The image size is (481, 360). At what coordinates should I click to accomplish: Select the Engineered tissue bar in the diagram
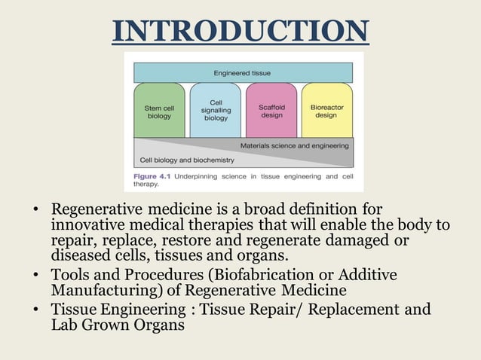point(242,73)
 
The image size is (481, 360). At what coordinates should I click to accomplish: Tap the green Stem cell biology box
point(158,111)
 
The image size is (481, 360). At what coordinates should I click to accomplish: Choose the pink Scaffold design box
point(271,111)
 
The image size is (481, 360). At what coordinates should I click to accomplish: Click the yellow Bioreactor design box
point(326,111)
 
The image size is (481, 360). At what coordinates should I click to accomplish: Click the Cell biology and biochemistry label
point(187,160)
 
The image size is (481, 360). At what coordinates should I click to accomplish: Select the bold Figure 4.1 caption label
point(150,175)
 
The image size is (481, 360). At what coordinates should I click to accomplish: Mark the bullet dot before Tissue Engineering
point(35,310)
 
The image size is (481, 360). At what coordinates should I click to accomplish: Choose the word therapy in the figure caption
point(146,184)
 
